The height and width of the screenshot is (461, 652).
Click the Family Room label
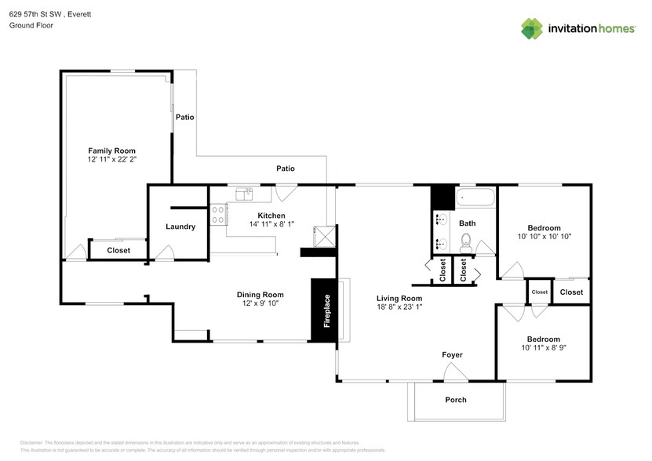[x=111, y=151]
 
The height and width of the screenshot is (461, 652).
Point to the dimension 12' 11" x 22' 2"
[x=111, y=160]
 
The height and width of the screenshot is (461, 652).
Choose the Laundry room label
[x=180, y=227]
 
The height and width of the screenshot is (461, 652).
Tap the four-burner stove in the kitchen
[x=218, y=215]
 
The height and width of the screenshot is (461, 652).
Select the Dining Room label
[x=260, y=294]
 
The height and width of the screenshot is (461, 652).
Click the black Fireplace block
[x=322, y=310]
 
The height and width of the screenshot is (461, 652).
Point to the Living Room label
[x=399, y=298]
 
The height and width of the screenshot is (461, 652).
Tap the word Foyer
[x=452, y=355]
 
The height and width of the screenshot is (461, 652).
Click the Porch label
[x=456, y=400]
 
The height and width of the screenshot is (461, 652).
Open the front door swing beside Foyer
[x=455, y=374]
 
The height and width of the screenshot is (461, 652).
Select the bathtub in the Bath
[x=475, y=197]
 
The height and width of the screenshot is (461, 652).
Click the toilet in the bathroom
[x=466, y=241]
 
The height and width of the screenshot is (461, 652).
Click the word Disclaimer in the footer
[x=31, y=443]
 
